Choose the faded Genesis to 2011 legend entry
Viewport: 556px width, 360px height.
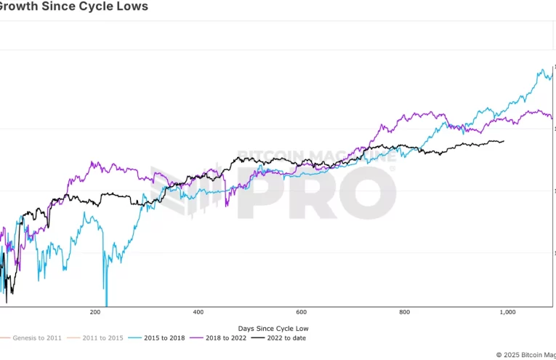[36, 338]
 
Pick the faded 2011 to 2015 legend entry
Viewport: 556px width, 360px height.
[100, 338]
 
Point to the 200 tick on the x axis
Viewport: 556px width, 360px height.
[94, 312]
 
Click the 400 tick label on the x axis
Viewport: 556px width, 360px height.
[198, 312]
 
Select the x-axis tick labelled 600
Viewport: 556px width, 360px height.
[302, 312]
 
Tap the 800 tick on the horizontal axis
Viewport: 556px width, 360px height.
[405, 312]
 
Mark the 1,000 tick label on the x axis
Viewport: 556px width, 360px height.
[507, 312]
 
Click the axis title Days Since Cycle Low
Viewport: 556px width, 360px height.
[278, 329]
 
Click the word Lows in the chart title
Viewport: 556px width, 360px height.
[132, 7]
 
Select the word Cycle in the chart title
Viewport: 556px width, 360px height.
[92, 7]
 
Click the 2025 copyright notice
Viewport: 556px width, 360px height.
[525, 355]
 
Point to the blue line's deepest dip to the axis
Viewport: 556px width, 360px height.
[106, 305]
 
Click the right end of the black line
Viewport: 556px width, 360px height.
[504, 141]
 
